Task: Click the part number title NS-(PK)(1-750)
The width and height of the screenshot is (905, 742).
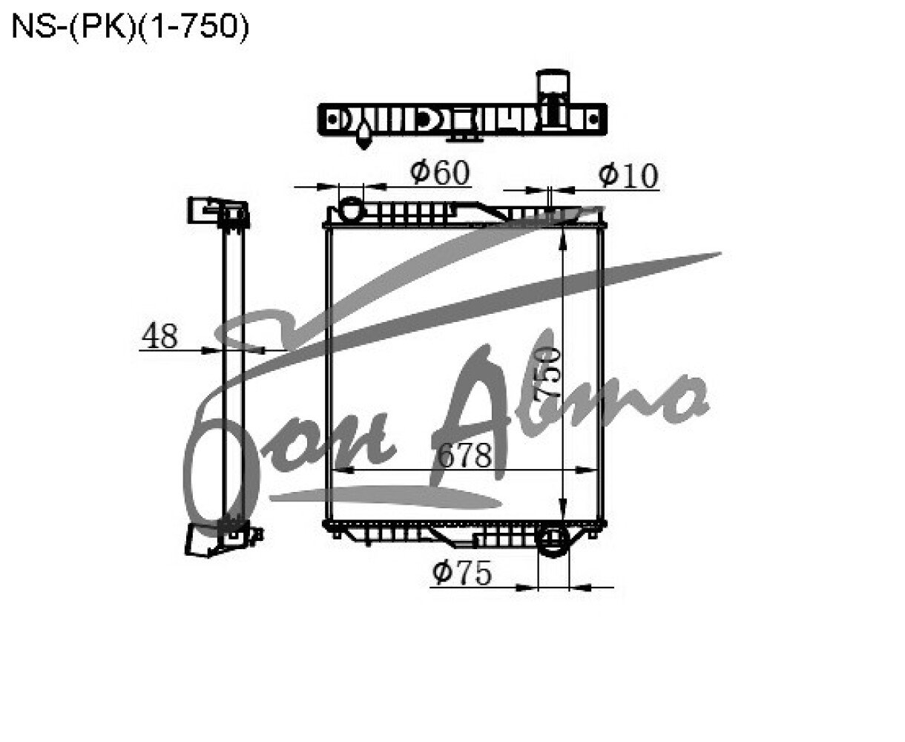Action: (x=130, y=27)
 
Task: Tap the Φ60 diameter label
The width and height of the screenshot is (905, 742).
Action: (x=440, y=173)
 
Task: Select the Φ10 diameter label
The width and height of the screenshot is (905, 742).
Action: (x=628, y=175)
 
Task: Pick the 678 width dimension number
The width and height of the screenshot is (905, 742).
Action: (x=464, y=455)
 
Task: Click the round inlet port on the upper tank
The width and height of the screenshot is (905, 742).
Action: (x=352, y=208)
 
